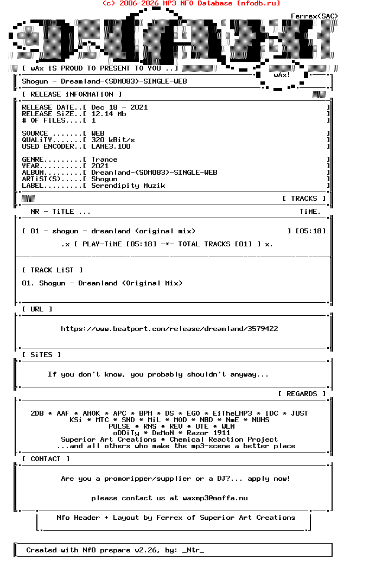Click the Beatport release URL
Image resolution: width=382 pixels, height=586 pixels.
(169, 329)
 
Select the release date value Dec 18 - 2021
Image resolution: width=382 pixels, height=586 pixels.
(119, 107)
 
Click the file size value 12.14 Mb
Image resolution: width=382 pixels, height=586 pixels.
(109, 114)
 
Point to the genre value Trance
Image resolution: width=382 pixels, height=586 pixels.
(104, 160)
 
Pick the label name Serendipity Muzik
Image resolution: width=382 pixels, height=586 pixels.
(128, 186)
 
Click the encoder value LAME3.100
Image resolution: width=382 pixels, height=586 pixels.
(111, 146)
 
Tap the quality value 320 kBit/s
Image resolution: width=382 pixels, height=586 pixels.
(113, 140)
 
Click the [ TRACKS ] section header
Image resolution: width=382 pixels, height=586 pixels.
(304, 199)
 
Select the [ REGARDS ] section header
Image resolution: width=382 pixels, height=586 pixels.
(302, 394)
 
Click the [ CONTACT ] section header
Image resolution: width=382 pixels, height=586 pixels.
(46, 459)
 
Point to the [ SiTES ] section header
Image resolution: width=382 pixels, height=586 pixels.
(41, 355)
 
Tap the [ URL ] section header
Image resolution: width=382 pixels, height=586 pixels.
(37, 309)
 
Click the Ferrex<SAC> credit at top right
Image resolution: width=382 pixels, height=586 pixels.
(314, 16)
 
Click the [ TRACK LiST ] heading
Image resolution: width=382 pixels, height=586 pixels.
(52, 270)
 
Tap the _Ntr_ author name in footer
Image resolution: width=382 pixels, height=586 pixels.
(193, 550)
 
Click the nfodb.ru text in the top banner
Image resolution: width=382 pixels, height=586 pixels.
(258, 3)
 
